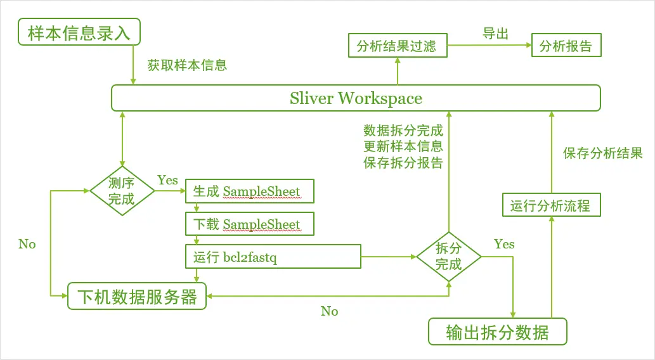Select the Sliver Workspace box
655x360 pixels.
point(356,98)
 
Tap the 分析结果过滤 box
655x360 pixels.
point(397,46)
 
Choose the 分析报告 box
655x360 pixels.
point(565,46)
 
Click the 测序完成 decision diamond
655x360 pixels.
point(122,190)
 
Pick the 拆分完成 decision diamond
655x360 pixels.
point(448,256)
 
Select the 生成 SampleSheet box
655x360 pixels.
point(249,191)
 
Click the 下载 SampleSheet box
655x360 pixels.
point(249,224)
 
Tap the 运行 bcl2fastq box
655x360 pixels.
point(273,257)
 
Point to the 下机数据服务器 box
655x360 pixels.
point(137,296)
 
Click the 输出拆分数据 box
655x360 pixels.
point(497,332)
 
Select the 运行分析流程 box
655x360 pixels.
point(550,205)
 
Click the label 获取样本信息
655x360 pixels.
point(187,65)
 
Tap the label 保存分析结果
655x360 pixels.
point(602,153)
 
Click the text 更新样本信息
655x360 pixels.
point(403,146)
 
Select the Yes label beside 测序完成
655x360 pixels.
point(167,181)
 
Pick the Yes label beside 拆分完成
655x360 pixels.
point(504,244)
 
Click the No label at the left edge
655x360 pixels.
point(27,244)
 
